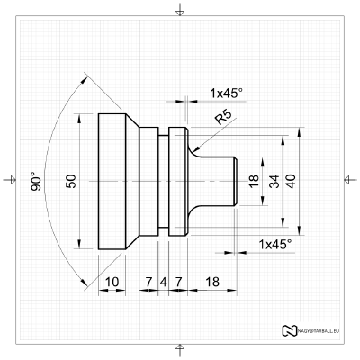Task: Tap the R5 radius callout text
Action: tap(224, 117)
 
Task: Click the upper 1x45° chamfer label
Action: tap(227, 93)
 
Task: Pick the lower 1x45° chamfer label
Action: tap(274, 244)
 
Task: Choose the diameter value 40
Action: tap(290, 182)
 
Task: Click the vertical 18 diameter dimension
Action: tap(254, 182)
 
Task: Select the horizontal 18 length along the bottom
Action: tap(212, 282)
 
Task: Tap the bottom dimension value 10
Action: tap(112, 282)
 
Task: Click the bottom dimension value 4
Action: tap(163, 282)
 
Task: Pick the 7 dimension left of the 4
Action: tap(148, 282)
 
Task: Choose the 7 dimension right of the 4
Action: tap(177, 282)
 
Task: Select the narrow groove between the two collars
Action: tap(163, 181)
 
